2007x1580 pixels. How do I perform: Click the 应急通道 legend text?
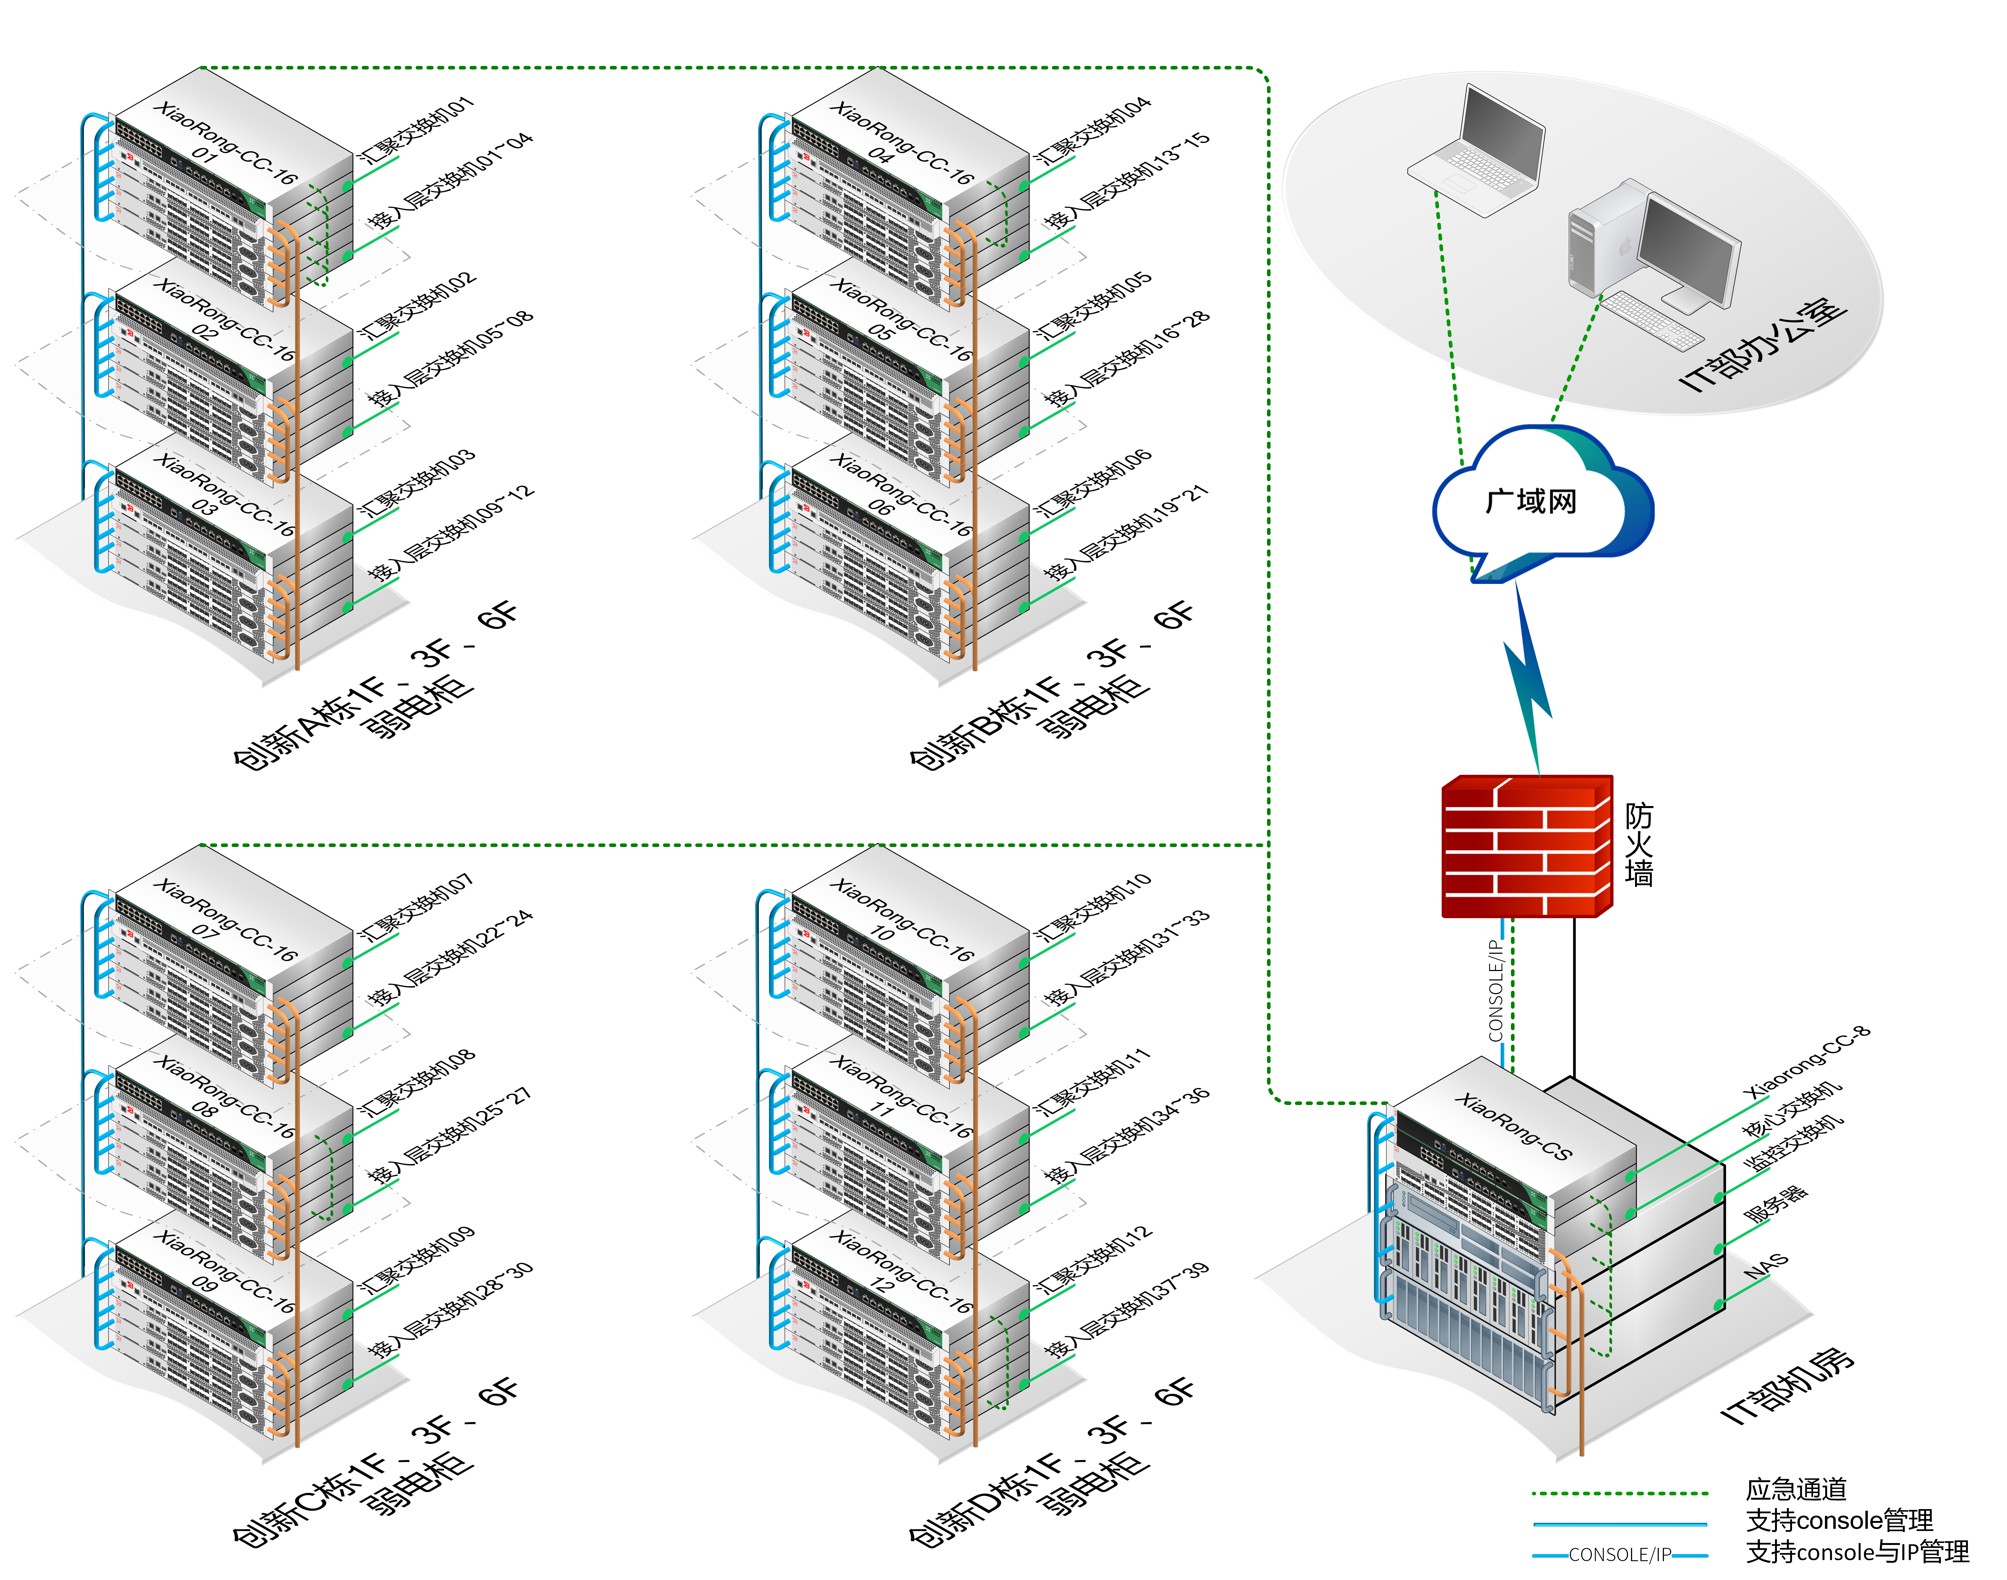tap(1795, 1489)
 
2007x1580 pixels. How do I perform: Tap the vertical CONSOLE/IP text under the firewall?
tap(1494, 990)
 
